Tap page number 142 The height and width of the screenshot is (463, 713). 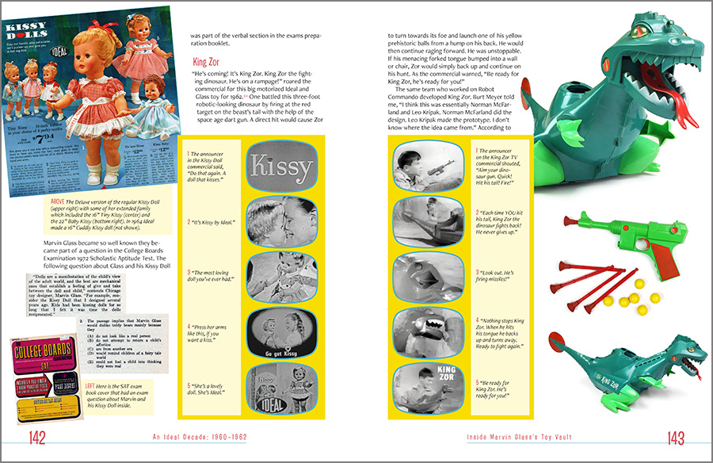point(37,438)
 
